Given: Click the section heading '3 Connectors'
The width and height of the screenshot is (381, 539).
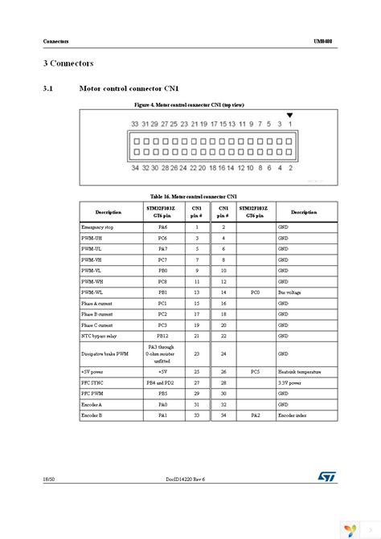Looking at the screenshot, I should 68,62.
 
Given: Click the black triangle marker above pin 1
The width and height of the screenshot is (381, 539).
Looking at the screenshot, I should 291,116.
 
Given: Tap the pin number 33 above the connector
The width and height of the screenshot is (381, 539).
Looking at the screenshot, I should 135,125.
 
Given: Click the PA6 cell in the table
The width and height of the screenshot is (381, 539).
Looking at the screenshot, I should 162,228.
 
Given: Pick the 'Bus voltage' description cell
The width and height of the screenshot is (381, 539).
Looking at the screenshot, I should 289,296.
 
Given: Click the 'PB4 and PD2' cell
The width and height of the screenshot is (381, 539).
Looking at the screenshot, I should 162,383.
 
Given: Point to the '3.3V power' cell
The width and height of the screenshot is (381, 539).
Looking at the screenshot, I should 289,383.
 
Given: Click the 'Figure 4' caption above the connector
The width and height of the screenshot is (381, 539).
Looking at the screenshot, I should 190,104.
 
